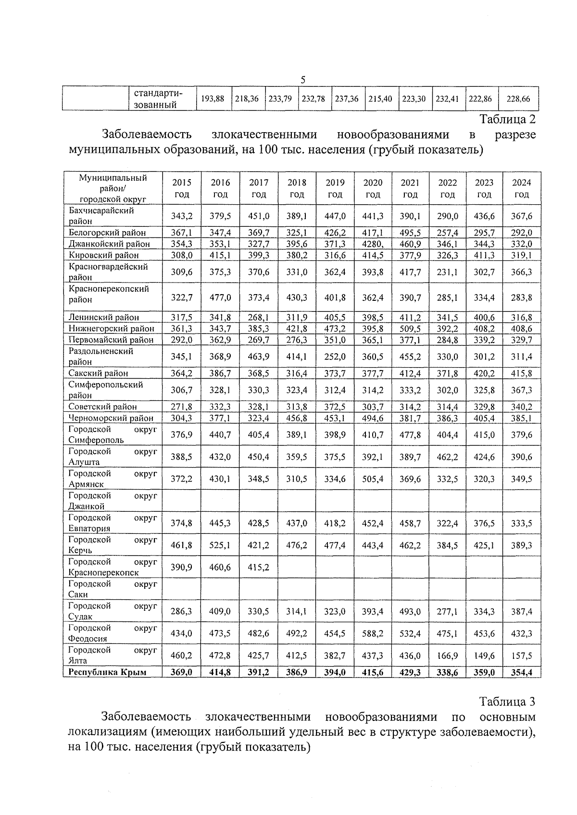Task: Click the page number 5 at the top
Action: (x=303, y=80)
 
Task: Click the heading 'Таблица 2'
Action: (x=507, y=119)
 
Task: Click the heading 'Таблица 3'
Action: (x=507, y=701)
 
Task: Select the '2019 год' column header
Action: (x=335, y=188)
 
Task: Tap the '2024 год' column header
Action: (x=521, y=188)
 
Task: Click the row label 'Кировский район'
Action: (x=103, y=255)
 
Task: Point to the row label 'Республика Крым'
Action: (x=107, y=672)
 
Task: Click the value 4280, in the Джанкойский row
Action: (x=373, y=244)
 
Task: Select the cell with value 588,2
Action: (x=373, y=633)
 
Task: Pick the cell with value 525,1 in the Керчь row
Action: (x=220, y=545)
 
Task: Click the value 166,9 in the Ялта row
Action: (x=447, y=655)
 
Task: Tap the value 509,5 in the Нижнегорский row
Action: (x=410, y=329)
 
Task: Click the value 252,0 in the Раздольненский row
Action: (x=335, y=357)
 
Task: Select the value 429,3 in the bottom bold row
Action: (x=410, y=672)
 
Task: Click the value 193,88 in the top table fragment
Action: (x=213, y=99)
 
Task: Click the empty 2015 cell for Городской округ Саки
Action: (x=182, y=589)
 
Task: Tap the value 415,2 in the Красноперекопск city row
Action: (x=259, y=567)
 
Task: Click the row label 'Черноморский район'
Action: (x=111, y=418)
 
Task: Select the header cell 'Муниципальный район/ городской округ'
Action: (x=113, y=188)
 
